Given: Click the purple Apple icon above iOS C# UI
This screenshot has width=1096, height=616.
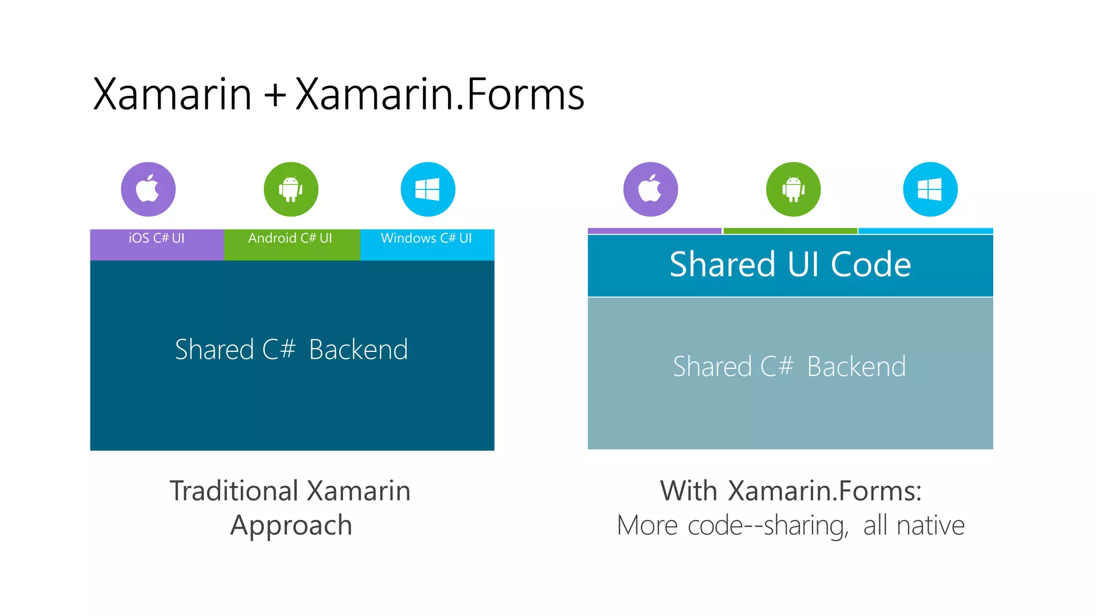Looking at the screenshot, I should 148,189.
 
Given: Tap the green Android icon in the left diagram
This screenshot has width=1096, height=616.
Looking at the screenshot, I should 291,189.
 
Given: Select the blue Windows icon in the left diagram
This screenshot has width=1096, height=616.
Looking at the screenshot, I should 428,189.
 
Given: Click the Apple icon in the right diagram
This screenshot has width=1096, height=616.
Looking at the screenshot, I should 650,189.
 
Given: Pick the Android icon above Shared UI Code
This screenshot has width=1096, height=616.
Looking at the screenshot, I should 793,189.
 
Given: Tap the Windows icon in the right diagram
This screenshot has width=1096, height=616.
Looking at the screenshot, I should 930,189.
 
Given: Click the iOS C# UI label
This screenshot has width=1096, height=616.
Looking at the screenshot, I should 156,238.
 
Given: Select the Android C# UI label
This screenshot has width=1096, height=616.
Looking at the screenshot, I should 290,238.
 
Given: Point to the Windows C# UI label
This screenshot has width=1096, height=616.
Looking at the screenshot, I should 427,238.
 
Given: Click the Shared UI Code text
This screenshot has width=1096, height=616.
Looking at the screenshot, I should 790,264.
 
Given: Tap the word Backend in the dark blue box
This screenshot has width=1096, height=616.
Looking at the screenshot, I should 358,350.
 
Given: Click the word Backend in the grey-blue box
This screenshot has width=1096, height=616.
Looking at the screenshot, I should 856,367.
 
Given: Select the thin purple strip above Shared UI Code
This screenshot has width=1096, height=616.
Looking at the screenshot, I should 654,231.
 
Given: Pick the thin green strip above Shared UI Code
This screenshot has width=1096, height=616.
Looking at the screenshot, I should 790,231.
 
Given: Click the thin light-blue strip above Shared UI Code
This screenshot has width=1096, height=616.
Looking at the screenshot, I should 926,231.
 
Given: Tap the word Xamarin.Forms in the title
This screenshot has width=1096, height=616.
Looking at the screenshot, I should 439,94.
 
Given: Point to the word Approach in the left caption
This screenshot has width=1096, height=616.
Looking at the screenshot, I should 291,526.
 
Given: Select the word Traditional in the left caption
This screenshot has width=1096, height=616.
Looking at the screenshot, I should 234,491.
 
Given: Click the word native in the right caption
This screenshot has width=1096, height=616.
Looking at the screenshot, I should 931,526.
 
